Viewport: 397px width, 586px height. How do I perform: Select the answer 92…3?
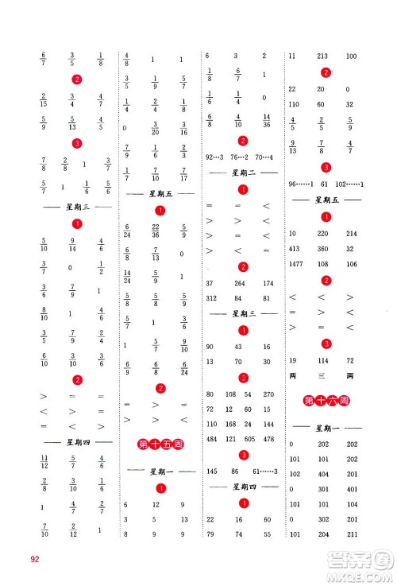click(x=216, y=157)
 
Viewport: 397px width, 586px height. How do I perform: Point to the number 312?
click(x=212, y=299)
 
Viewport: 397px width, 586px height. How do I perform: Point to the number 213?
click(x=324, y=56)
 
